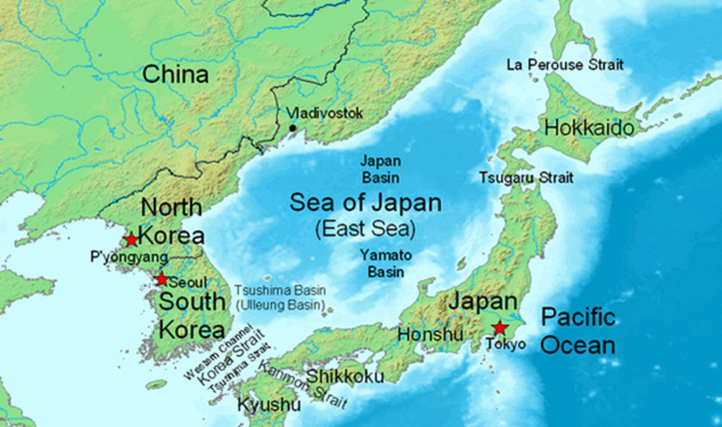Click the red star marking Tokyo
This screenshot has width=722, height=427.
click(x=499, y=328)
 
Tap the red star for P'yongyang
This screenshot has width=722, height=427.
click(x=131, y=240)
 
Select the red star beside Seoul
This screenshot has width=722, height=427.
click(x=162, y=279)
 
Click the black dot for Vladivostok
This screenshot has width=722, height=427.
click(x=292, y=128)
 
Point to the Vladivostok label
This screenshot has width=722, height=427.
click(x=324, y=113)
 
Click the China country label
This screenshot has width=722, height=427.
click(x=175, y=74)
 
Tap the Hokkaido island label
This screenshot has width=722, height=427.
click(x=589, y=129)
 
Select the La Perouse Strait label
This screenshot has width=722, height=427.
click(x=565, y=65)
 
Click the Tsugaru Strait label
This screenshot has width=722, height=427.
click(x=526, y=178)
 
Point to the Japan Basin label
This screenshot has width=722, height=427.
click(x=381, y=169)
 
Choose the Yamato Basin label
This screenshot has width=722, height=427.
click(x=386, y=263)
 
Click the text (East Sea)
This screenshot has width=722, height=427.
click(x=365, y=229)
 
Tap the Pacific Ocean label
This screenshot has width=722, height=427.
click(x=578, y=331)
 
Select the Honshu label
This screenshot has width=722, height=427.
click(x=430, y=334)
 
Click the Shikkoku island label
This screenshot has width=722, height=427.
click(x=345, y=376)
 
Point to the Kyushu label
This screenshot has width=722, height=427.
click(x=268, y=405)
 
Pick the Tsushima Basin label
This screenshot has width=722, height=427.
click(x=280, y=291)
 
